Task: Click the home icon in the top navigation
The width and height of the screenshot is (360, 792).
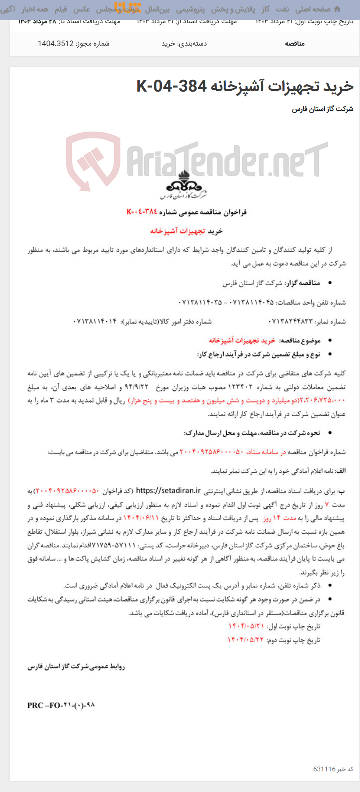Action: tap(337, 9)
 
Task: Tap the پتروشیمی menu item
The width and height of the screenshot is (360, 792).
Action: tap(190, 9)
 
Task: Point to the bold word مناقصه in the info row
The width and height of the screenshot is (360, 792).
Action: tap(295, 43)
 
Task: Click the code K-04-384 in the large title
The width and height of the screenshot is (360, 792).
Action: tap(171, 86)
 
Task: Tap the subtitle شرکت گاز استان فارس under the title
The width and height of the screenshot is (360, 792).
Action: tap(323, 109)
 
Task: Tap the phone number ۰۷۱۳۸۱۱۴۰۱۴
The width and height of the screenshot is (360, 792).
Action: tap(95, 321)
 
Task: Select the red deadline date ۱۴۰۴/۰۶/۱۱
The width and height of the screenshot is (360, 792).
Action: tap(140, 518)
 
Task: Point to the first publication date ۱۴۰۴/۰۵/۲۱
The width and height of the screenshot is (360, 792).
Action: tap(246, 626)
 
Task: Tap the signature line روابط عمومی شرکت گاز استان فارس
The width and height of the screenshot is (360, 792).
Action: tap(76, 667)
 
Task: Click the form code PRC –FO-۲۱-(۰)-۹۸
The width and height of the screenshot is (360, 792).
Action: tap(61, 705)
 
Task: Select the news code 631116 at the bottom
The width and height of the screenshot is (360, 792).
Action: tap(324, 769)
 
